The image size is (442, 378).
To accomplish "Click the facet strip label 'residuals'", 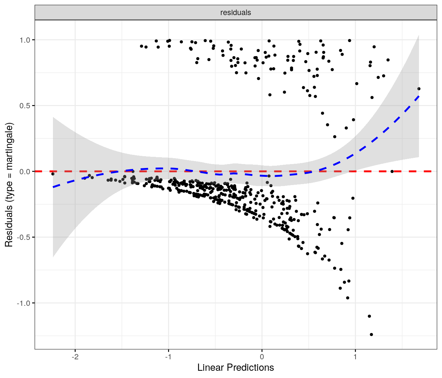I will coord(235,12).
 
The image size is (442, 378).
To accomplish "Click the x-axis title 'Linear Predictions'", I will coord(235,367).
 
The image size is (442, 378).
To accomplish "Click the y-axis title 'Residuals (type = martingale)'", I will coord(9,185).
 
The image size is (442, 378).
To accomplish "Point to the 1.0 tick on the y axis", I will coord(25,40).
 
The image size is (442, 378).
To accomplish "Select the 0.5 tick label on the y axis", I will coord(25,106).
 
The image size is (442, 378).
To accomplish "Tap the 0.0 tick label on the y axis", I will coord(25,172).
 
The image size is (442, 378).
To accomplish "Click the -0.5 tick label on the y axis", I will coord(24,237).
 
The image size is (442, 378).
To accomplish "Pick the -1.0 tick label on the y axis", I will coord(24,303).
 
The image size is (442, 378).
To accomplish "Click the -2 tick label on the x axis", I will coord(75,357).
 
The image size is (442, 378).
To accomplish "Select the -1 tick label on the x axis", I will coord(168,357).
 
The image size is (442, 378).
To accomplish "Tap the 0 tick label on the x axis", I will coord(262,357).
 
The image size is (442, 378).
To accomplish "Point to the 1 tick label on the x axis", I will coord(355,357).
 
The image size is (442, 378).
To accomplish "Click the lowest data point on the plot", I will coord(371,334).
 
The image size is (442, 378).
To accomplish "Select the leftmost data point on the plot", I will coord(53,174).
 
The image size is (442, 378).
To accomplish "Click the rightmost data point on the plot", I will coord(419,89).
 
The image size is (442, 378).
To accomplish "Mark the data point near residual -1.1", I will coord(369,316).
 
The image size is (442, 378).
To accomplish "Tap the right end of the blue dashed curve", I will coord(419,96).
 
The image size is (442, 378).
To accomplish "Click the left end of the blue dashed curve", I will coord(53,187).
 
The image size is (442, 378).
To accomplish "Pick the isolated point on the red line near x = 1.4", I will coord(392,171).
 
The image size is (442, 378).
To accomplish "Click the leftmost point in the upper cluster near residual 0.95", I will coord(141,46).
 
